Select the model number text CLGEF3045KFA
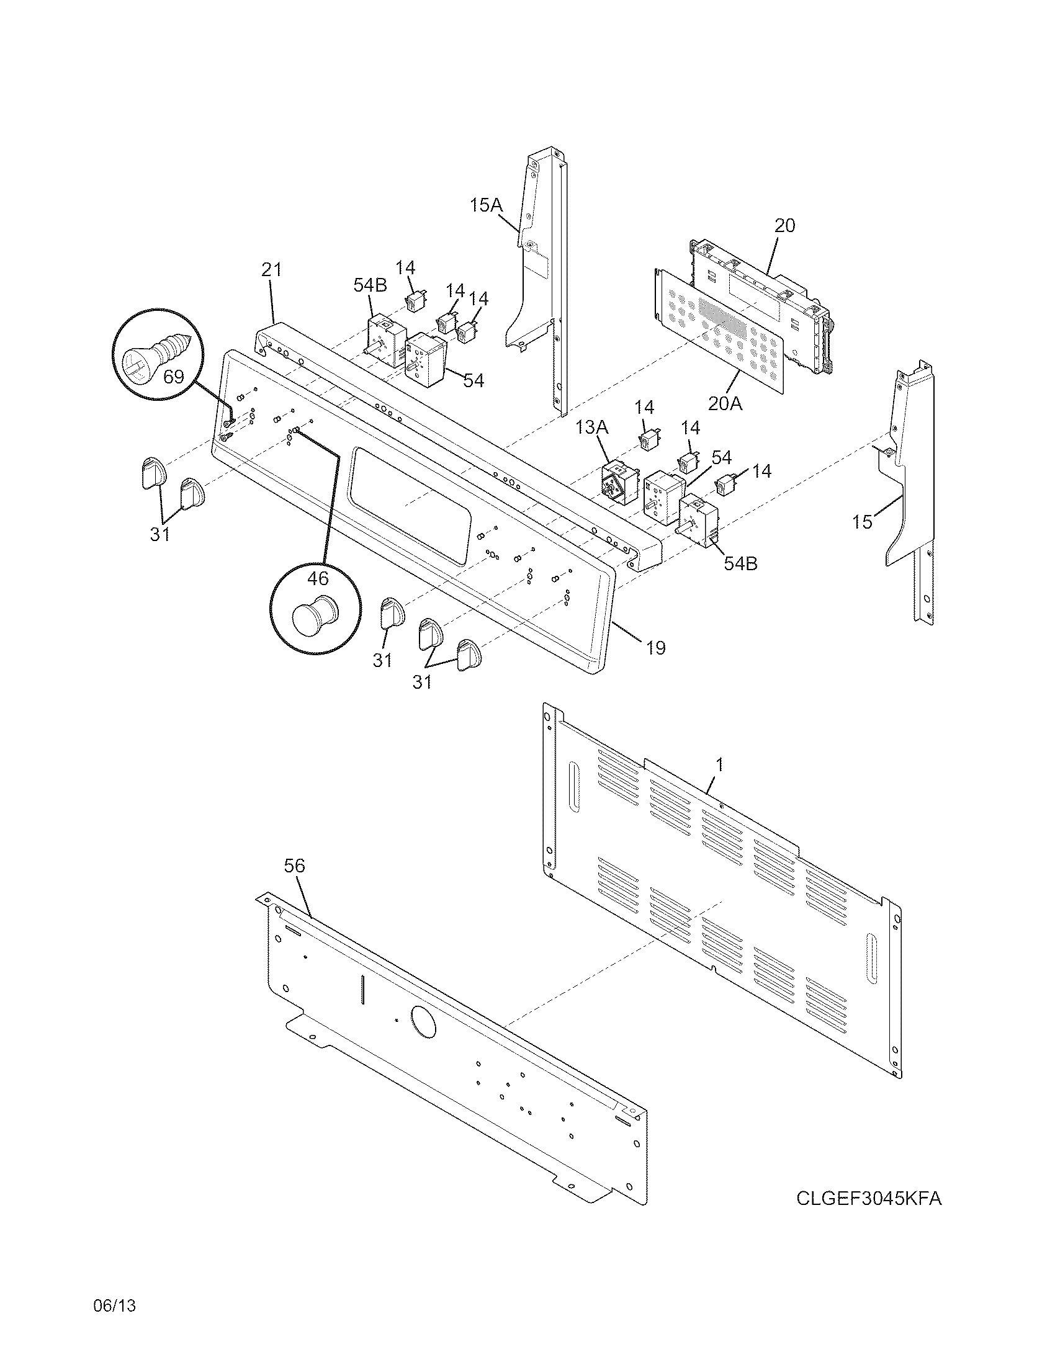(868, 1199)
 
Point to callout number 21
(271, 270)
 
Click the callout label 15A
(486, 205)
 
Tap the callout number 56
(294, 866)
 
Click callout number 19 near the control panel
(655, 648)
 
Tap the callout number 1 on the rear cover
(719, 764)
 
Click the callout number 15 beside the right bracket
(862, 522)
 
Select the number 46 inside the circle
(318, 579)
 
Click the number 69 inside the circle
(174, 377)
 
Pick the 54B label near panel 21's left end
(369, 285)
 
